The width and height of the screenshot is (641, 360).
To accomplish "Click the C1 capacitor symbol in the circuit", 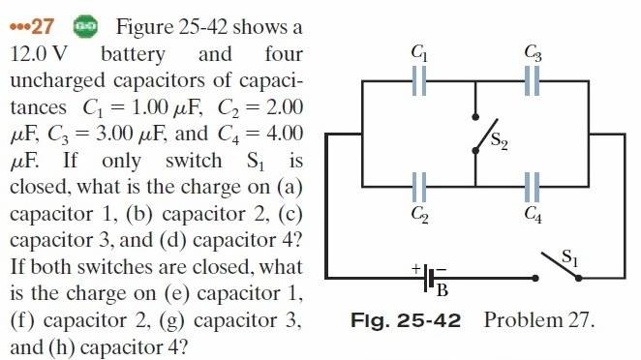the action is click(x=419, y=81).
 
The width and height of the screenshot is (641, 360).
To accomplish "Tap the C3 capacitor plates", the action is click(x=532, y=81).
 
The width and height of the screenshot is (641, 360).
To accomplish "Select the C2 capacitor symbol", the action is click(x=419, y=187).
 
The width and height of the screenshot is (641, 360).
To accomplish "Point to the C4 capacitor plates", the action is click(x=532, y=187).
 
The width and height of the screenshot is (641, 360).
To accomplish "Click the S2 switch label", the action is click(x=499, y=141).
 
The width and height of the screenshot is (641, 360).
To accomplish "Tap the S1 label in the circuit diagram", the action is click(x=570, y=257).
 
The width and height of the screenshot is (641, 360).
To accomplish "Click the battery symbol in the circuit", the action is click(x=428, y=279).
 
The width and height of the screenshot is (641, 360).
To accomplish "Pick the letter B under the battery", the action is click(x=443, y=290).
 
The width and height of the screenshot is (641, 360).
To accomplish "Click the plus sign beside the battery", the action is click(x=415, y=268).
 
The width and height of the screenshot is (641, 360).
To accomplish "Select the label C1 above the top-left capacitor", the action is click(x=419, y=52).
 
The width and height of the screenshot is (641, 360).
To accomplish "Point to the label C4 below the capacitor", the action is click(x=534, y=214).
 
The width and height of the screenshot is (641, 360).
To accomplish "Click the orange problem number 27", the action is click(x=42, y=27).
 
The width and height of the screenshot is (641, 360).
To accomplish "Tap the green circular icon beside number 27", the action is click(x=85, y=27).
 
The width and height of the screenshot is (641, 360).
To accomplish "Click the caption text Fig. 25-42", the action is click(x=406, y=320).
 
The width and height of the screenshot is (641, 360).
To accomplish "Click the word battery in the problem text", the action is click(x=133, y=54).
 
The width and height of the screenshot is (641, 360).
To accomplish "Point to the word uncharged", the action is click(x=58, y=81).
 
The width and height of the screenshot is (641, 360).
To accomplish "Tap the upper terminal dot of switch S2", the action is click(x=475, y=117).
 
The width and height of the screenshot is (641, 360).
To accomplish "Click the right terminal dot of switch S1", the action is click(x=578, y=279).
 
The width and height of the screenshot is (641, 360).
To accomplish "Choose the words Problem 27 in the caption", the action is click(x=538, y=320).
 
